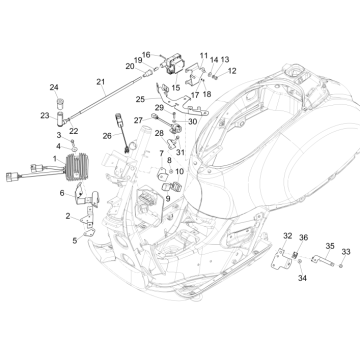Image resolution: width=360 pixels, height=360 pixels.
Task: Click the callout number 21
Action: point(100,81)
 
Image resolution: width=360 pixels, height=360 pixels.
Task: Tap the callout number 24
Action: point(54,88)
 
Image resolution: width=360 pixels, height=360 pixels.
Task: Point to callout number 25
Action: point(141,99)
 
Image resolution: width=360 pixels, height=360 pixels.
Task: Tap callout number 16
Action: point(146,55)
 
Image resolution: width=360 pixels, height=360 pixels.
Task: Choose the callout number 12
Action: point(232,71)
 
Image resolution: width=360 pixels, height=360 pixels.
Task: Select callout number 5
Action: point(73,241)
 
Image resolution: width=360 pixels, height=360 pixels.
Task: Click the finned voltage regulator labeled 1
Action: point(79,167)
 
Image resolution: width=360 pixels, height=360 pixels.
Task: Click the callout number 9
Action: point(167,198)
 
